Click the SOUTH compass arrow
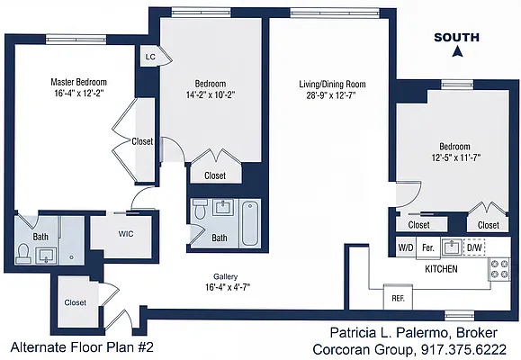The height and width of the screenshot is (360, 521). (x=458, y=51)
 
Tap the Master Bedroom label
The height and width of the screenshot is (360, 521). (x=79, y=82)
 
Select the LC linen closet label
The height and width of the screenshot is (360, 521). (x=150, y=57)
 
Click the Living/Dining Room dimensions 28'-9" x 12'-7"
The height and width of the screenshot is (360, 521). (x=331, y=95)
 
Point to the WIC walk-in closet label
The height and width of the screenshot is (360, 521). (x=126, y=234)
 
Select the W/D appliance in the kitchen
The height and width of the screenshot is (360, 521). (x=406, y=247)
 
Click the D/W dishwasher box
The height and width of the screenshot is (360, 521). (x=474, y=247)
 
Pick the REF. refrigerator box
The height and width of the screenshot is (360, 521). (x=398, y=297)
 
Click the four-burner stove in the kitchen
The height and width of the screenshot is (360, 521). (x=499, y=269)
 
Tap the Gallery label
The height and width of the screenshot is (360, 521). (x=225, y=276)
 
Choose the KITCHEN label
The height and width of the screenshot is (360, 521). (x=441, y=268)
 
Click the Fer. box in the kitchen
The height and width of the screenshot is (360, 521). (x=428, y=247)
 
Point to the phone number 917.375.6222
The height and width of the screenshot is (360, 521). (x=463, y=349)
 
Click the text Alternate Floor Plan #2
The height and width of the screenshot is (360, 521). (x=82, y=347)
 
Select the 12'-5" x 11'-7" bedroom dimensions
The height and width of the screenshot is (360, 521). (x=456, y=157)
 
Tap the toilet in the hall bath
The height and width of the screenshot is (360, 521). (x=200, y=209)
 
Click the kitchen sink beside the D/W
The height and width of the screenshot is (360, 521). (x=452, y=247)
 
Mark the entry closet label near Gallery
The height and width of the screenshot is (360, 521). (x=75, y=302)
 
